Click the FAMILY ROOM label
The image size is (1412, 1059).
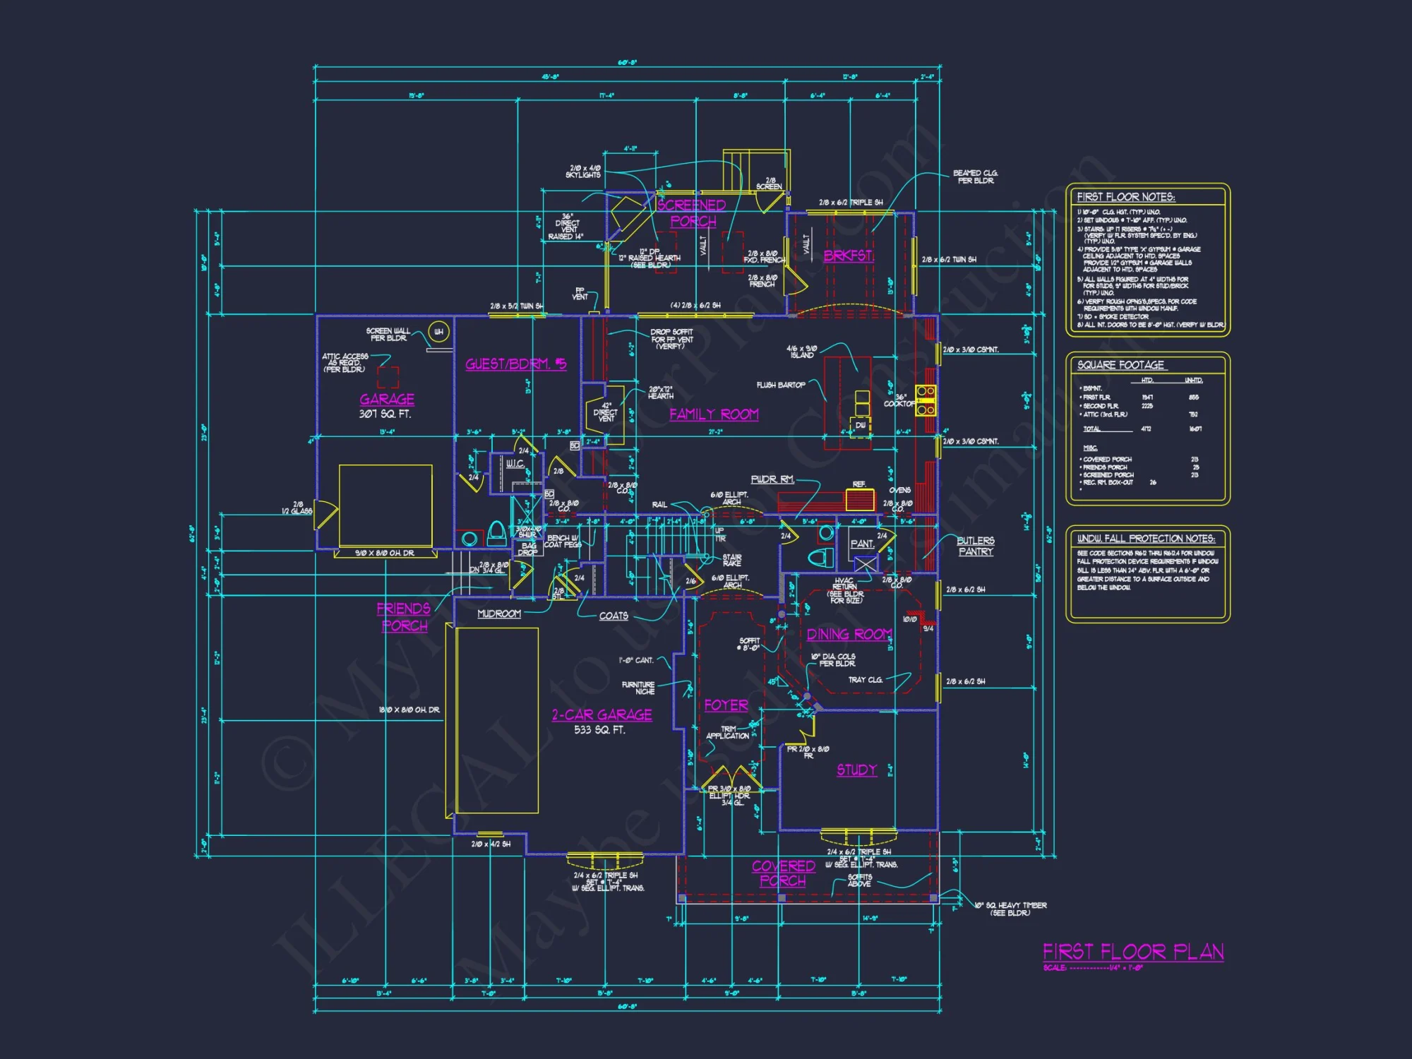click(714, 414)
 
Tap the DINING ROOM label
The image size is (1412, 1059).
click(849, 635)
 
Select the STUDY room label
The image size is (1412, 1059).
click(856, 770)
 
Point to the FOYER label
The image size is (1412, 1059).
click(726, 705)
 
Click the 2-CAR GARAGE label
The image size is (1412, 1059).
click(602, 714)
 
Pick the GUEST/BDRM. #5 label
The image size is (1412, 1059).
click(515, 364)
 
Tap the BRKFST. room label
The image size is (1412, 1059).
click(849, 256)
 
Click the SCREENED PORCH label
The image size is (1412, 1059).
click(692, 213)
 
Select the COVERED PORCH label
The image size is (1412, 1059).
click(783, 873)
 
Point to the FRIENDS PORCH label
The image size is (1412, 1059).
click(404, 617)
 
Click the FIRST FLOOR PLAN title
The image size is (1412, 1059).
click(1133, 952)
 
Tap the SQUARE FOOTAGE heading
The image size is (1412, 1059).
click(1120, 365)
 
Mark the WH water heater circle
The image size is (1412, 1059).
click(439, 332)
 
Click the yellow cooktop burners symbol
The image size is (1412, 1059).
click(926, 400)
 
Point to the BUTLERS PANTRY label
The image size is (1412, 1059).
click(976, 546)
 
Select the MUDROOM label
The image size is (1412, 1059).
click(499, 614)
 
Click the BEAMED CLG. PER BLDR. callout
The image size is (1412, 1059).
click(975, 176)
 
